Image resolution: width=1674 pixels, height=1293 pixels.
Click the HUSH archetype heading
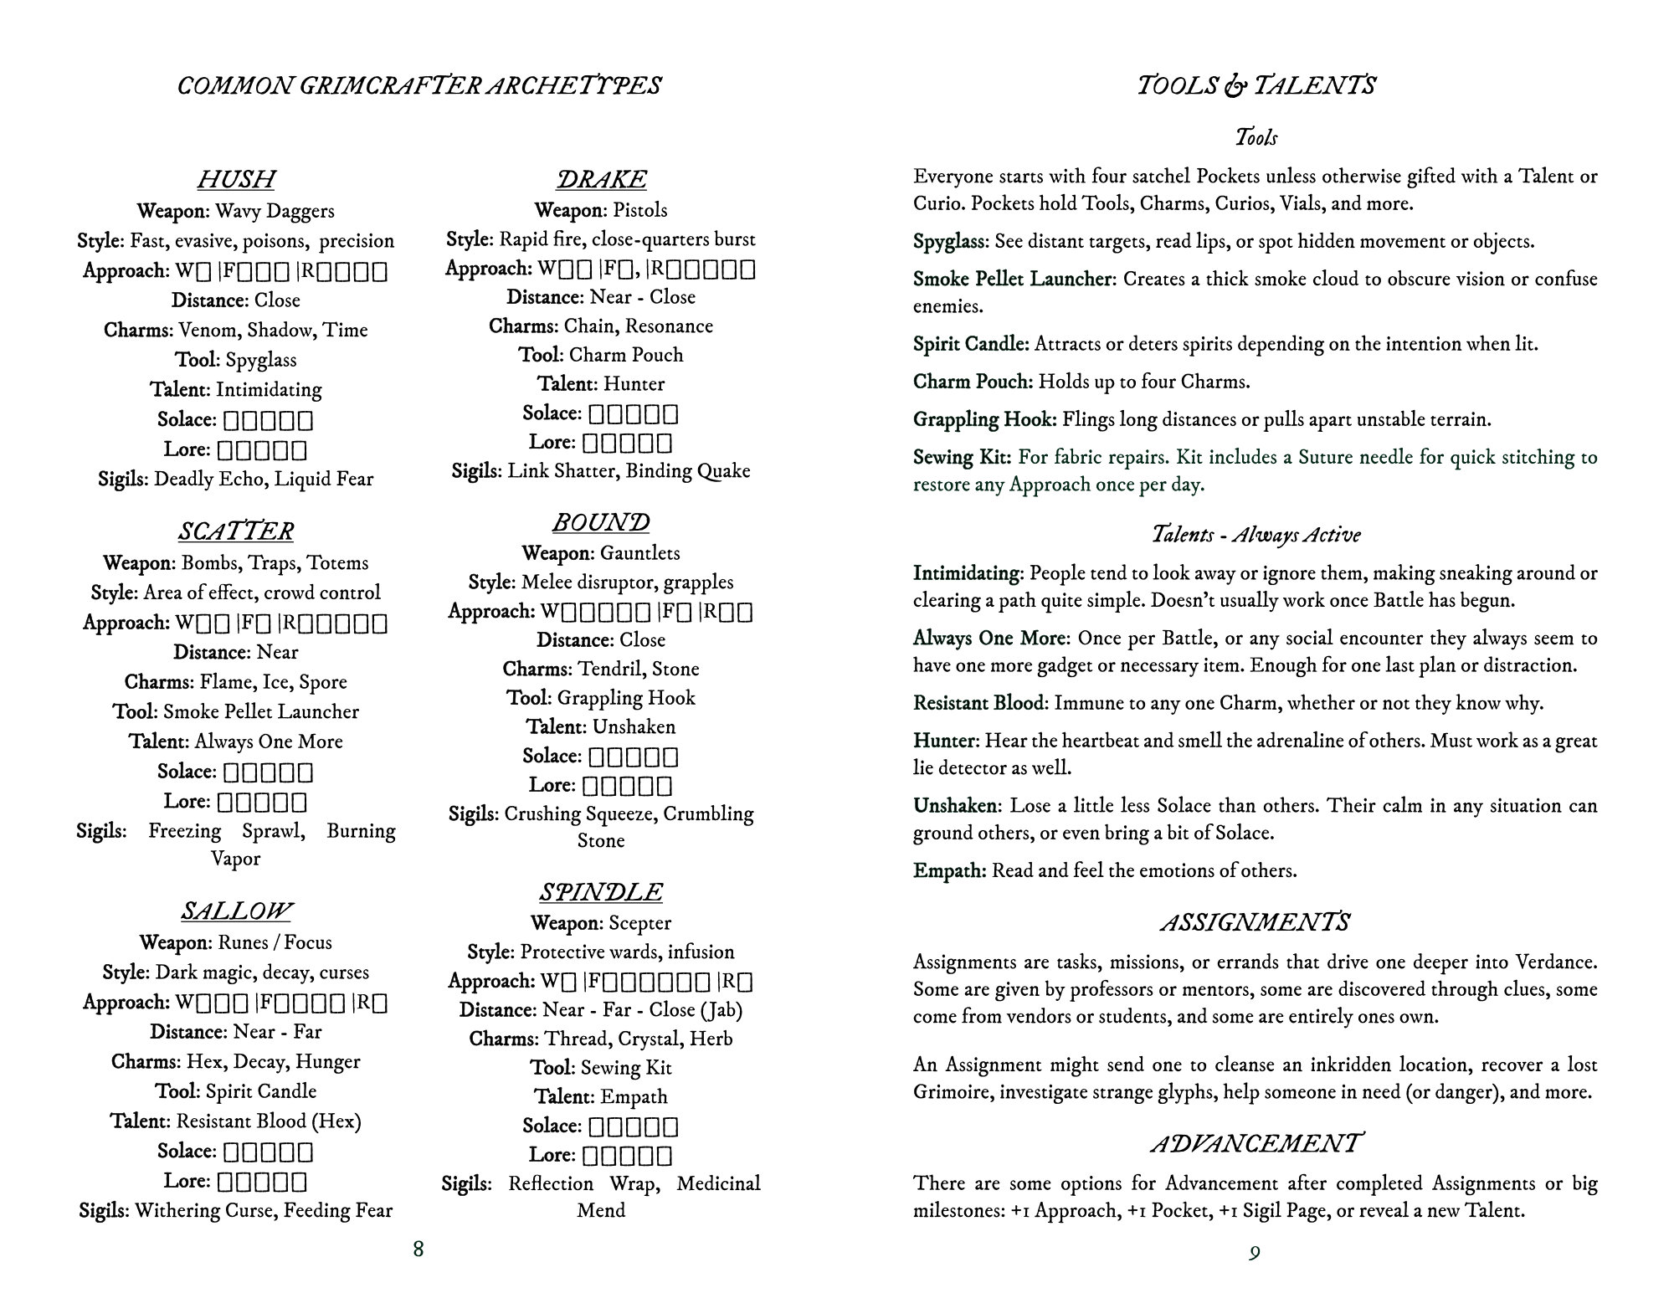(236, 179)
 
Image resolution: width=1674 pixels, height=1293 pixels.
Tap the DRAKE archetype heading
(601, 179)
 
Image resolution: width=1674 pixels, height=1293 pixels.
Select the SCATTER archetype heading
(236, 531)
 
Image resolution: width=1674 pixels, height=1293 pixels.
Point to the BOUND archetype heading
(601, 522)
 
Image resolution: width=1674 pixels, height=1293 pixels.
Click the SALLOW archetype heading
(236, 911)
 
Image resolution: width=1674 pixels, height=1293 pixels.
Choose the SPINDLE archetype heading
(601, 892)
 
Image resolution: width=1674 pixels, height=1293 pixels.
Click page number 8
(418, 1249)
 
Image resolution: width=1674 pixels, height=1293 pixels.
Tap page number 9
(1255, 1252)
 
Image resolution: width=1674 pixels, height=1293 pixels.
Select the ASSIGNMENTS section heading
(1255, 922)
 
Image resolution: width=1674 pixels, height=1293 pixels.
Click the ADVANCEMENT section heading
(1255, 1143)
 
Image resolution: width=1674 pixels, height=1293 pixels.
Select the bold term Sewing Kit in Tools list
(961, 457)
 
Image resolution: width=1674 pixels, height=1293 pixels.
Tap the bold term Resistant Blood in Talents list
(979, 703)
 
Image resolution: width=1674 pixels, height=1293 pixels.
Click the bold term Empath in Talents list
(948, 870)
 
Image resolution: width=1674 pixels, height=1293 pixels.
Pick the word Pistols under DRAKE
(640, 210)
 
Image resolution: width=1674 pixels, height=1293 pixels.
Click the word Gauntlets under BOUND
(640, 553)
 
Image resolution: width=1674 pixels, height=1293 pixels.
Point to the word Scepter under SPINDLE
(640, 923)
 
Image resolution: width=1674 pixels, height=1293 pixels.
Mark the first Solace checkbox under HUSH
(232, 420)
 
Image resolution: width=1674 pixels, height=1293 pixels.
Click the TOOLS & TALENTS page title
(1255, 85)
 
